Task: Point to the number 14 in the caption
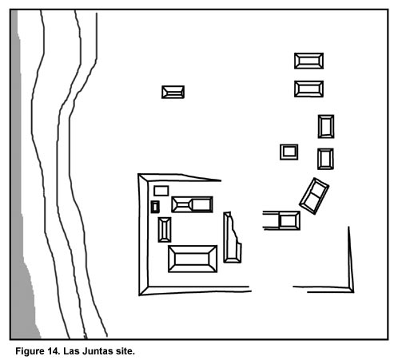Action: (x=54, y=351)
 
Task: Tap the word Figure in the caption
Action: (x=30, y=351)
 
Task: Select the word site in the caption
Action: (x=125, y=351)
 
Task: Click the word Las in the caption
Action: (x=71, y=351)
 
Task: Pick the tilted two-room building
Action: (x=314, y=196)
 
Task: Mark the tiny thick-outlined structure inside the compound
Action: (x=155, y=207)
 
